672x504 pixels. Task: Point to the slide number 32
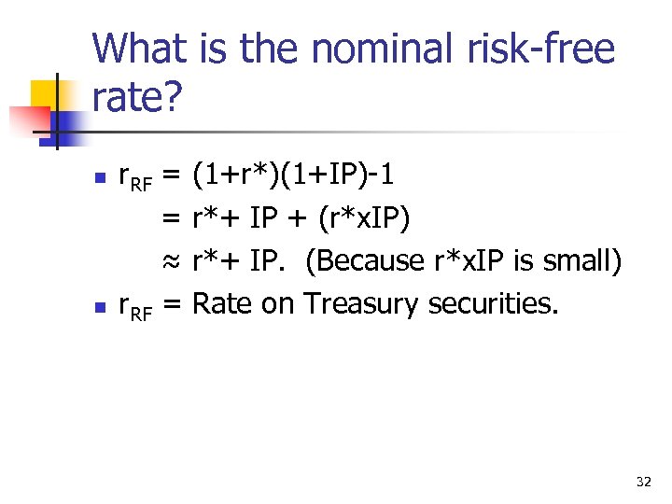point(643,482)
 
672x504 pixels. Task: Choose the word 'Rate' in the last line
point(223,303)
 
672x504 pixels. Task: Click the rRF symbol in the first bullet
point(133,176)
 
